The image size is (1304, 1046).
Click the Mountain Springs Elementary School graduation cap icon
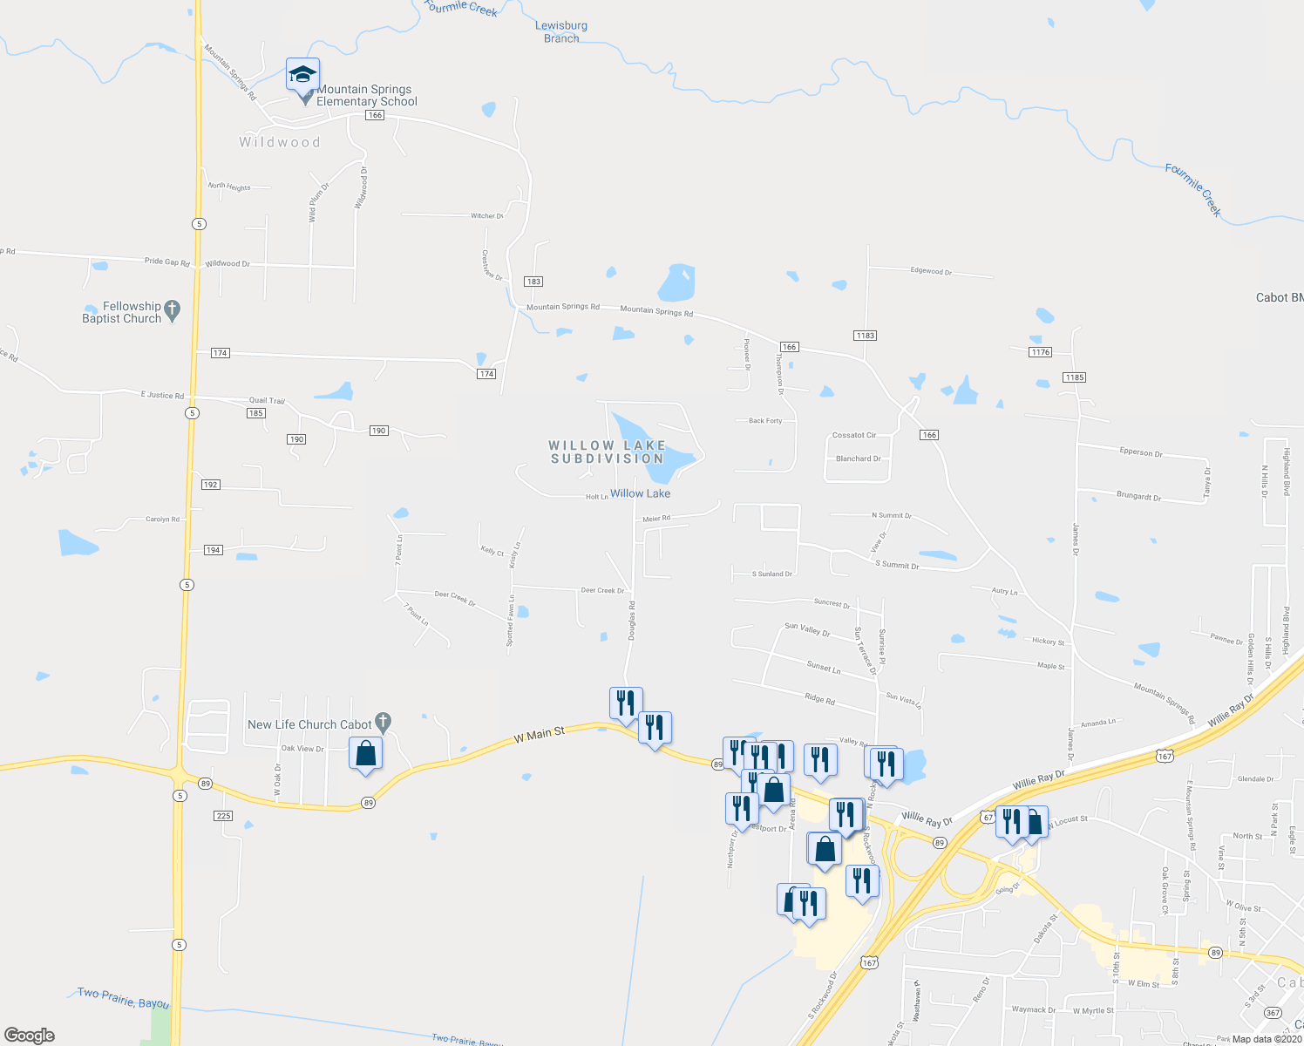click(302, 74)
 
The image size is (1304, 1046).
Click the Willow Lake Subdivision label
click(607, 452)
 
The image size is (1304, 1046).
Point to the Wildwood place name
click(280, 142)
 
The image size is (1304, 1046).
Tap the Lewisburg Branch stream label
click(561, 31)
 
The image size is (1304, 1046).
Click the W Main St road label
click(540, 737)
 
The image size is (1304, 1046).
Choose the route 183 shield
click(533, 282)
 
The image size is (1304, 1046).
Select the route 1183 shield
click(865, 336)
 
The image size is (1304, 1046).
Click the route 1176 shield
click(1040, 352)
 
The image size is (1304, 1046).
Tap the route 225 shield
click(223, 816)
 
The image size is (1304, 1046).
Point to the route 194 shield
click(214, 550)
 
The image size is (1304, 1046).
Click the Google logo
click(30, 1036)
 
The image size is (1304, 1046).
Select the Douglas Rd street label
click(631, 621)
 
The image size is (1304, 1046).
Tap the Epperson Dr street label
click(1141, 452)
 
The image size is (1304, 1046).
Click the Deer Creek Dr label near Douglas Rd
click(602, 591)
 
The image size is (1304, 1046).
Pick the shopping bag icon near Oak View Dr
click(365, 754)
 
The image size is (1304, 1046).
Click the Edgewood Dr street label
click(931, 271)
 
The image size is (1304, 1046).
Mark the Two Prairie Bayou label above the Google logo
click(123, 998)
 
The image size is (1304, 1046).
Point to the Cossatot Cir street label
click(854, 435)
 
